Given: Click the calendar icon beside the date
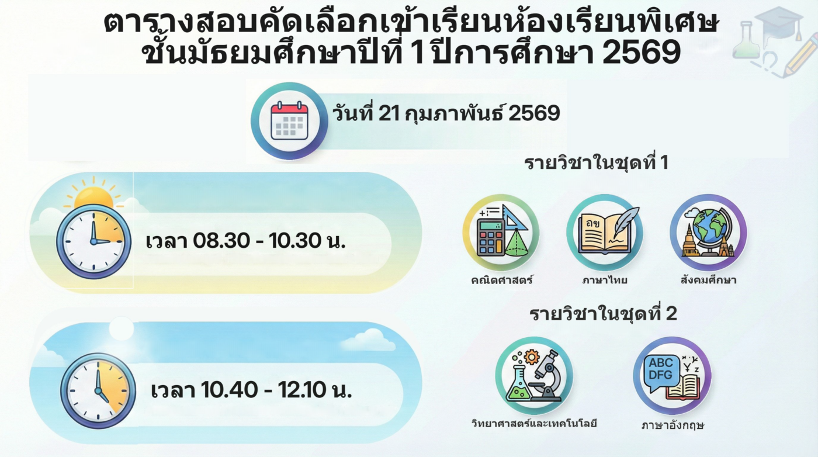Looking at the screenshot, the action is [x=289, y=122].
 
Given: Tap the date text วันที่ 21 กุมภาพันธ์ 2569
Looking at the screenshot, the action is [x=446, y=113].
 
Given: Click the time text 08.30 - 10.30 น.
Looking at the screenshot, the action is [x=269, y=241].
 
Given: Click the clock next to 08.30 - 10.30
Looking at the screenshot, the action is [x=94, y=241].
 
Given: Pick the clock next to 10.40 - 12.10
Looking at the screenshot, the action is [x=98, y=390].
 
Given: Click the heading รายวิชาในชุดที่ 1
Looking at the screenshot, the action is [x=597, y=163].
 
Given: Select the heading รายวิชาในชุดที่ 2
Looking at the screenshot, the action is [x=603, y=314].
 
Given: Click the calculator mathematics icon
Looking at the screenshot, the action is [x=501, y=233].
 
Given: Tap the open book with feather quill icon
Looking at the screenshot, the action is [x=605, y=233].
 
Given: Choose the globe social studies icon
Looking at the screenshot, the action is [x=708, y=233].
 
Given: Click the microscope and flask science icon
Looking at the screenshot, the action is [x=534, y=376].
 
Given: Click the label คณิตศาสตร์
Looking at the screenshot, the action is [x=502, y=280].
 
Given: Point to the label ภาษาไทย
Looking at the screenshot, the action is [x=605, y=280].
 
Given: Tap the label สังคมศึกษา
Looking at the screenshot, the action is [x=708, y=280].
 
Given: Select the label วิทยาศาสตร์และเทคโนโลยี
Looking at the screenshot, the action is [x=534, y=424].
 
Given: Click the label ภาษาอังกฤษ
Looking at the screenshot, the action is [x=673, y=425].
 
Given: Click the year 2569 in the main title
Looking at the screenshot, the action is [x=642, y=52].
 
